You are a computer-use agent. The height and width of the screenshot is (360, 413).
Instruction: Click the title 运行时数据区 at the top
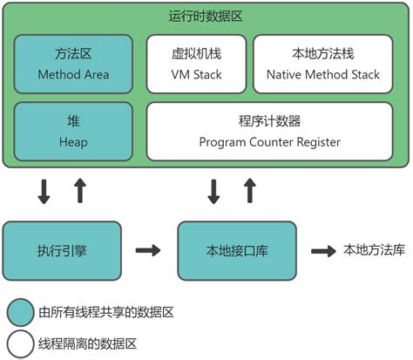coord(206,16)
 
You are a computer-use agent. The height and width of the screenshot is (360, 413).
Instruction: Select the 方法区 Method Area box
coord(74,64)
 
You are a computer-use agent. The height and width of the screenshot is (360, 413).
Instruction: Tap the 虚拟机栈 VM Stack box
coord(194,64)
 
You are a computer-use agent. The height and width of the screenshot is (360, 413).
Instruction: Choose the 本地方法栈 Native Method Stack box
coord(329,64)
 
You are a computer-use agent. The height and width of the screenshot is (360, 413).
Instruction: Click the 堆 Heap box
coord(74,131)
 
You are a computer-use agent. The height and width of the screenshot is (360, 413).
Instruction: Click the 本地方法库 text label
coord(376,250)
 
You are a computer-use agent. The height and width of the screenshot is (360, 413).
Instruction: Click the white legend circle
coord(20,343)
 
